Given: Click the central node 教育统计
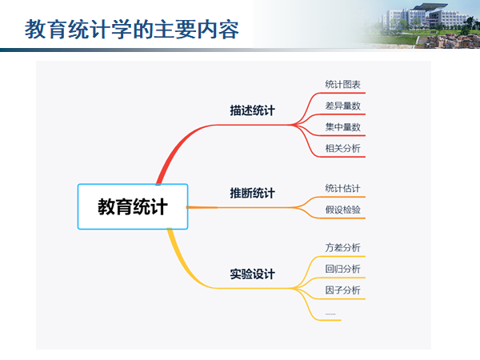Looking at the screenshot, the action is tap(133, 206).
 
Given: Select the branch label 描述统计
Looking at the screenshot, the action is tap(252, 110).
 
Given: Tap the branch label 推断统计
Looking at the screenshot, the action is tap(252, 193).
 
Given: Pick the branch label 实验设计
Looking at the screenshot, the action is tap(252, 274).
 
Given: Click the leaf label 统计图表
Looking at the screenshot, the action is tap(343, 84).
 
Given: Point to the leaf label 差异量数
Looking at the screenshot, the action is tap(343, 106).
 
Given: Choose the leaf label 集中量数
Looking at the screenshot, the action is tap(343, 126).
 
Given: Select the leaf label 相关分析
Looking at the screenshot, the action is tap(343, 148).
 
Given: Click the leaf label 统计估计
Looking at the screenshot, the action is tap(343, 188).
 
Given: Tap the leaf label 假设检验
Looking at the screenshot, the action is tap(343, 210).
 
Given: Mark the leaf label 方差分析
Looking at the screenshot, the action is tap(343, 247).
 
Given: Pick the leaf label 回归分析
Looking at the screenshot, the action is tap(343, 268).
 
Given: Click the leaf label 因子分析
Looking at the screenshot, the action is tap(343, 290).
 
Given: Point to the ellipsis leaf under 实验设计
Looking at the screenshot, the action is tap(330, 313).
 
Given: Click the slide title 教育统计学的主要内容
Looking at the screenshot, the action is tap(132, 30).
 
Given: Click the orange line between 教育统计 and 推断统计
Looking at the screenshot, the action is tap(203, 207).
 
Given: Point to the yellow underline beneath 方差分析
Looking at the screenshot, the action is tap(344, 256).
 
